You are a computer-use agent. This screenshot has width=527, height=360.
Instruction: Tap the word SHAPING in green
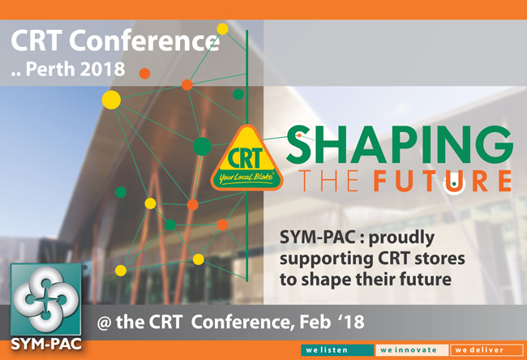pos(400,145)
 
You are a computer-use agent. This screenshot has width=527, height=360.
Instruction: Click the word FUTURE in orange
pos(443,181)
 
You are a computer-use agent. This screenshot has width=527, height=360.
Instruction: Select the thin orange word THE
pos(328,181)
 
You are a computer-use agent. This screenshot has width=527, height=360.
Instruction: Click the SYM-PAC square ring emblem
pos(46,299)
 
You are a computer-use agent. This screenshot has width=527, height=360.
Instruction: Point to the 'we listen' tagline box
pos(337,350)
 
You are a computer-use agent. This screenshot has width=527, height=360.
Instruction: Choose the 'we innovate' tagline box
pos(412,350)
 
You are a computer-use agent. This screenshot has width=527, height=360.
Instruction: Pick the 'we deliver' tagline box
pos(486,350)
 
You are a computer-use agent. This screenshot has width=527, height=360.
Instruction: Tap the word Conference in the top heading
pos(144,40)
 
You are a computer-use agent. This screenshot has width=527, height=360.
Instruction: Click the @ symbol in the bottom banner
pos(104,323)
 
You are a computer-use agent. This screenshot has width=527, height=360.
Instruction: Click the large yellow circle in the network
pos(111,100)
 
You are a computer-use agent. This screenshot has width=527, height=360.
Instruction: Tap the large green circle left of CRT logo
pos(202,146)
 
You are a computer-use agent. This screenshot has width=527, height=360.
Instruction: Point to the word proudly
pos(401,238)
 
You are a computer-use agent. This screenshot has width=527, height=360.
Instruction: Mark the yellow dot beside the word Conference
pos(222,29)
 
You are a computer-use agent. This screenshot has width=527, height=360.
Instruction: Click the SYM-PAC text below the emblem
pos(46,344)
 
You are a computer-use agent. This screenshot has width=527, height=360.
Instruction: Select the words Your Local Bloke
pos(246,177)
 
